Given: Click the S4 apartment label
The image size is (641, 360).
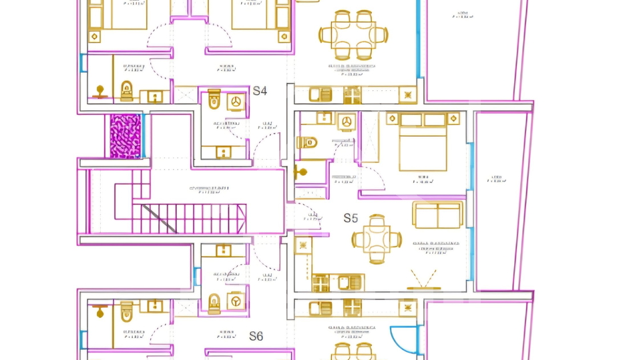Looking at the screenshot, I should pos(260,91).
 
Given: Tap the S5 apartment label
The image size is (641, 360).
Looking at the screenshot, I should pos(351,218).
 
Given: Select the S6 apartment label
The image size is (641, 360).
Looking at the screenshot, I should pos(256,336).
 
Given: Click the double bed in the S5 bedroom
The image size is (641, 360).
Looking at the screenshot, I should pos(423,143).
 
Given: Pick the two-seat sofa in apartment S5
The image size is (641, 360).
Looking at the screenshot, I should pos(437,214).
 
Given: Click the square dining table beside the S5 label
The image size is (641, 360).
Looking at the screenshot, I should pos(377,238).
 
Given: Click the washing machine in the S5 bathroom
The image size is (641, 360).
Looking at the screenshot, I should pos(346,121).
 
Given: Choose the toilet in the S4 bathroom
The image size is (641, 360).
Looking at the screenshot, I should pos(214,101).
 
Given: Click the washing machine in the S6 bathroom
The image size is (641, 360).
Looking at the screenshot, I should pos(235,301).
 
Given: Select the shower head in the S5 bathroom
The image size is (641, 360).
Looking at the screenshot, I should pos(302,172).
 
